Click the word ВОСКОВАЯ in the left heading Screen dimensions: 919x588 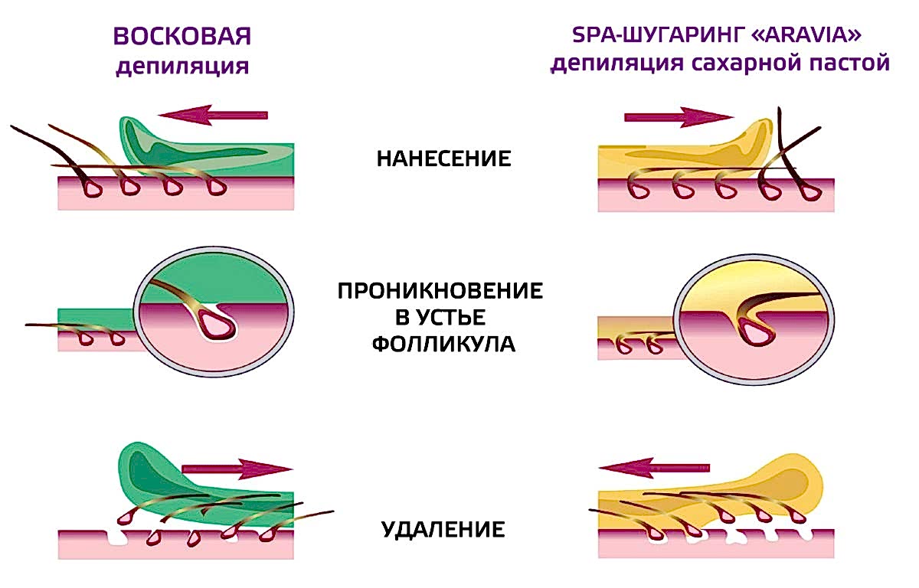point(182,36)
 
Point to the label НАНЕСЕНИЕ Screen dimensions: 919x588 point(444,158)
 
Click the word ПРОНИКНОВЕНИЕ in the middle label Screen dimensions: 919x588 point(440,291)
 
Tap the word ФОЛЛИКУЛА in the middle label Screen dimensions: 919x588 point(443,344)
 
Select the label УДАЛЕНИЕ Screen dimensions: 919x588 point(443,529)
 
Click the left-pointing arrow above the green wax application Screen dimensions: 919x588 point(213,115)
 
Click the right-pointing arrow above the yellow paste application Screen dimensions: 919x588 point(679,118)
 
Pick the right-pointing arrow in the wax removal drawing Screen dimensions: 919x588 point(237,469)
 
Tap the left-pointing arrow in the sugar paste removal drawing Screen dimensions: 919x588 point(654,468)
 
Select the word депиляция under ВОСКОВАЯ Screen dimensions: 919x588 point(182,66)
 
